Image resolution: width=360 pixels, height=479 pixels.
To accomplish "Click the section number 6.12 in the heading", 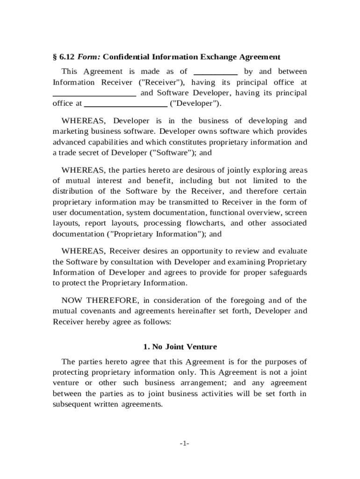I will click(66, 57).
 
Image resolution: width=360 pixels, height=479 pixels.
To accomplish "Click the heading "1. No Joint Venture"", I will click(180, 347).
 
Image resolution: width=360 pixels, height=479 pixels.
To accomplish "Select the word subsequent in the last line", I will click(75, 405).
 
